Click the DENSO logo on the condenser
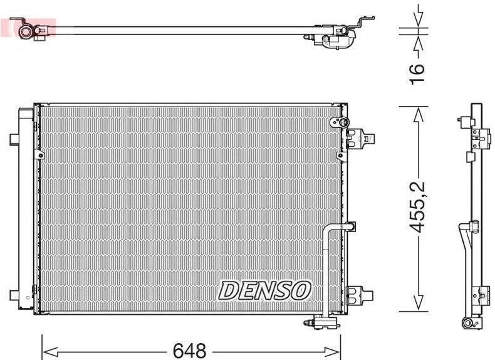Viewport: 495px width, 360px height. (x=264, y=290)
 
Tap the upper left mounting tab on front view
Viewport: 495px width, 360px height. (x=14, y=138)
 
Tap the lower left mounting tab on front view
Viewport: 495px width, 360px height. (x=14, y=294)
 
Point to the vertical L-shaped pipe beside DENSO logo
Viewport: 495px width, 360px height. (x=327, y=263)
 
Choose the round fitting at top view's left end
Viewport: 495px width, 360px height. (x=24, y=28)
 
